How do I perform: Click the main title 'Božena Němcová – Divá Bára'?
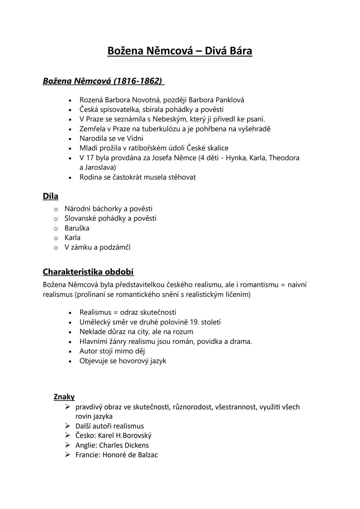click(x=180, y=51)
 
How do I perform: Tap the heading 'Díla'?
click(x=50, y=196)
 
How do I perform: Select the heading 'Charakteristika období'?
click(x=88, y=272)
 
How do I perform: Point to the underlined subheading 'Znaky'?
click(x=64, y=397)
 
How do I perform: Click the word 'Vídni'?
click(x=135, y=138)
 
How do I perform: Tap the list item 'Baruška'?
click(x=77, y=228)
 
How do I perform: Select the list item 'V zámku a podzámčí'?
click(x=97, y=247)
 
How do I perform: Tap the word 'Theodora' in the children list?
click(x=284, y=158)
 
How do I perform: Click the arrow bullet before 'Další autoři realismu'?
click(x=68, y=426)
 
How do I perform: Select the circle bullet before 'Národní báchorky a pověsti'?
click(x=56, y=209)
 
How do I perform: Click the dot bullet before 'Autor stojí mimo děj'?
click(x=70, y=351)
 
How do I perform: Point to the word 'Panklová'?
click(x=230, y=100)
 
